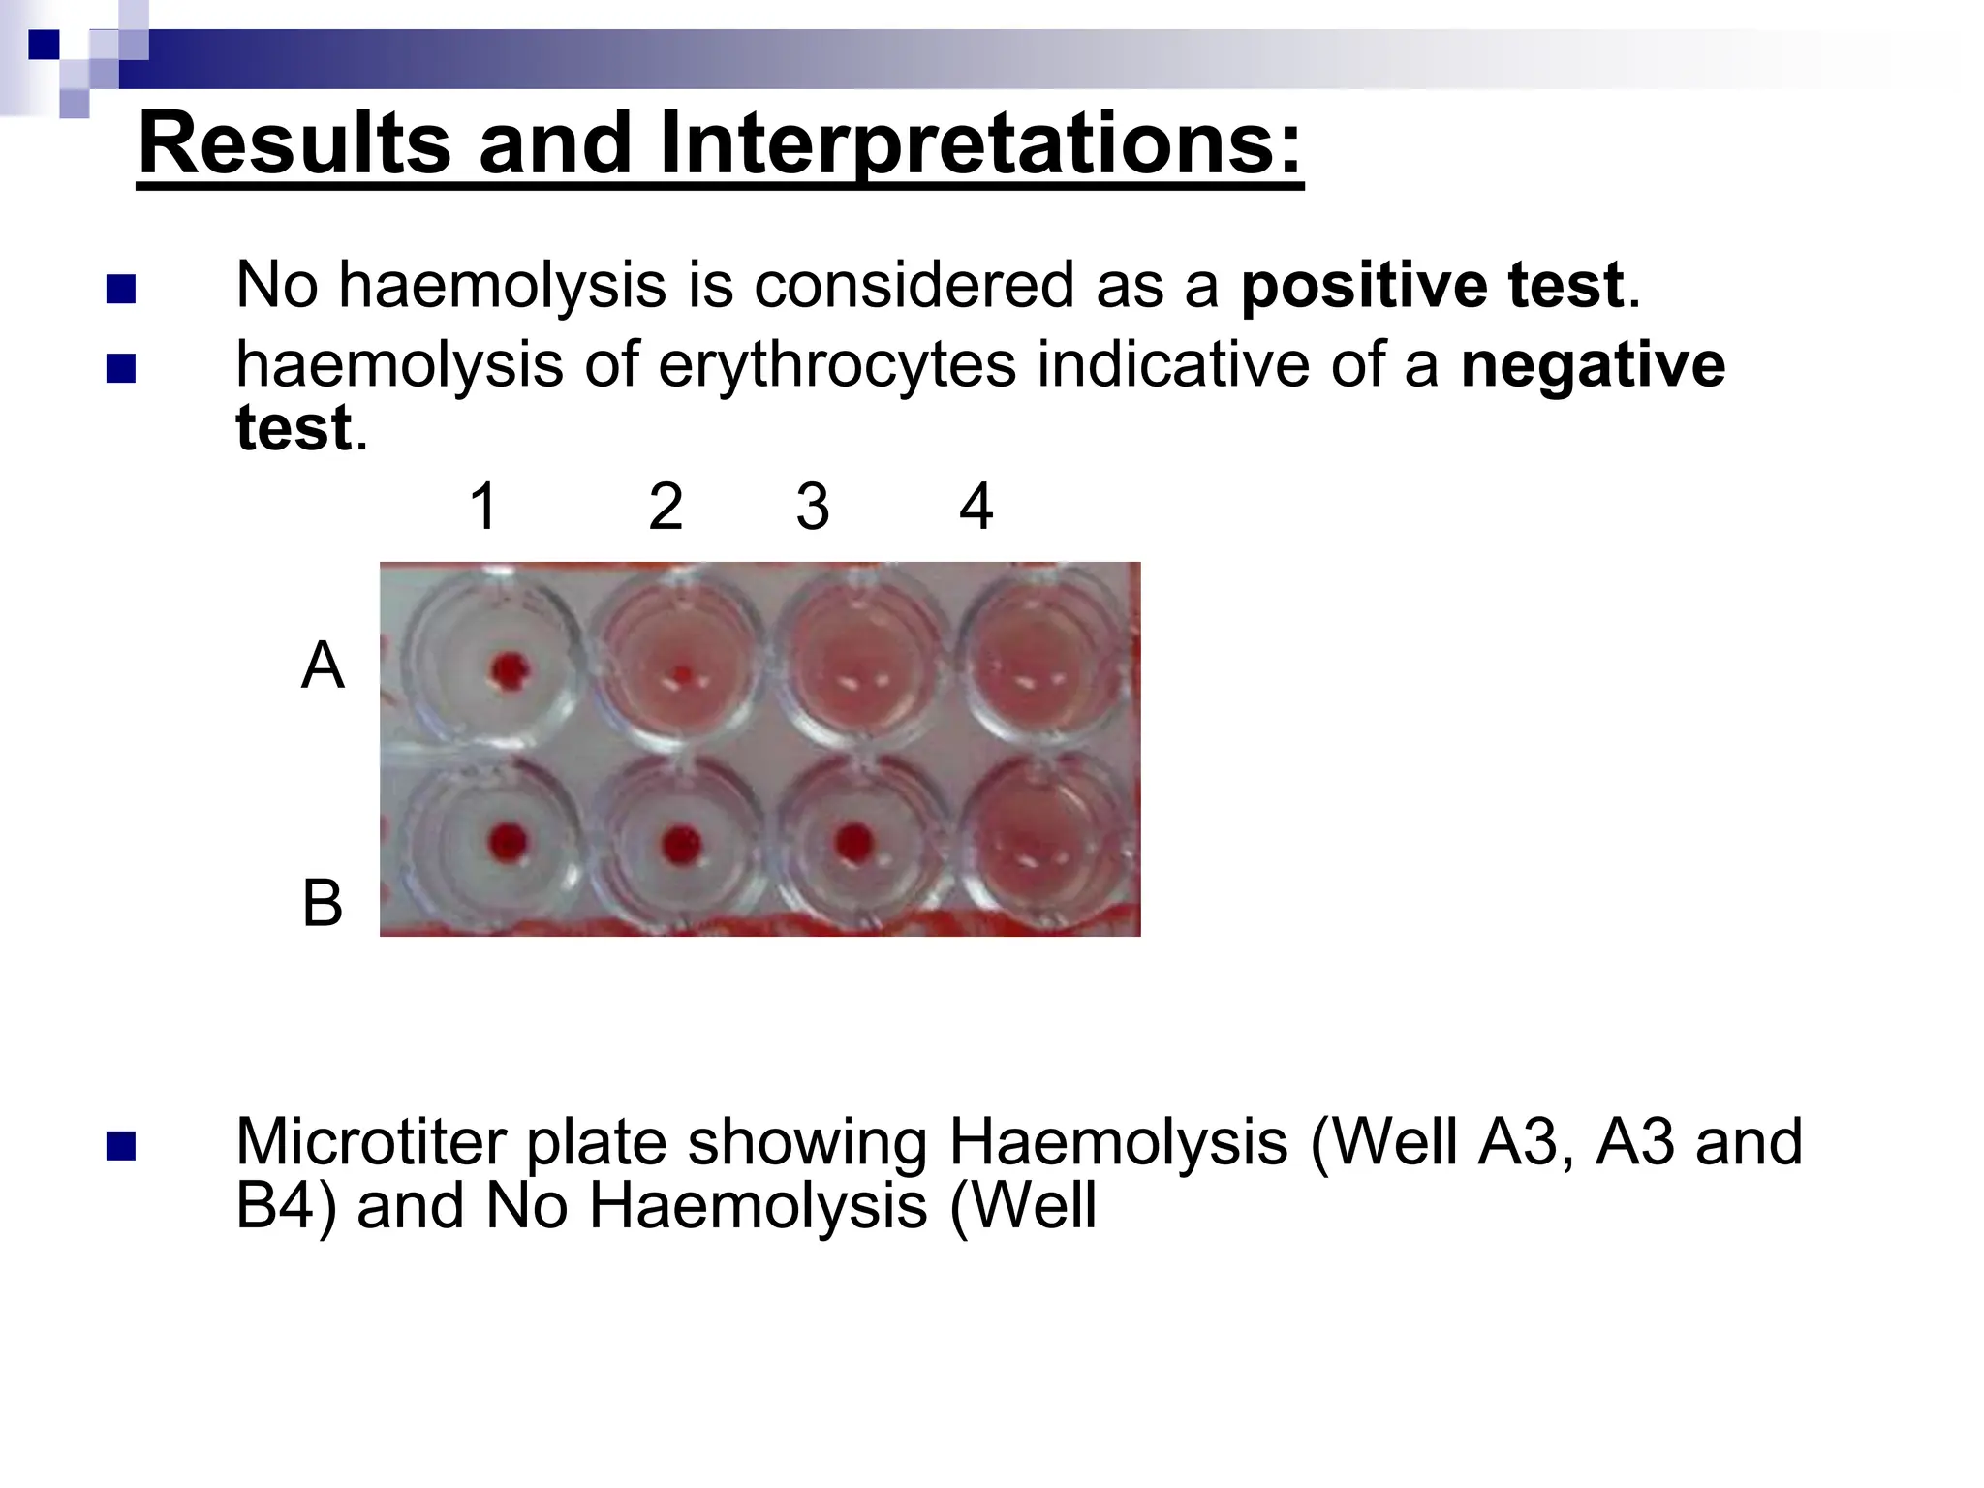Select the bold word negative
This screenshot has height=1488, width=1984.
1592,365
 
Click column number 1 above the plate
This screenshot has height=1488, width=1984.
483,507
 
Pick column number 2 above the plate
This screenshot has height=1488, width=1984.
666,507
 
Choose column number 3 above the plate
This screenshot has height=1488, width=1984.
813,507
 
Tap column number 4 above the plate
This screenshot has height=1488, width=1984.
976,507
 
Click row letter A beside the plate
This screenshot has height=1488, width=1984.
323,666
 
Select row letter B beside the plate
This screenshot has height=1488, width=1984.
323,903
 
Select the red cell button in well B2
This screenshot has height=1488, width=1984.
681,844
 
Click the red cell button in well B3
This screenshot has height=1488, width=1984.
853,843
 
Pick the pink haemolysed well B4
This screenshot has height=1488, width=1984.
1041,841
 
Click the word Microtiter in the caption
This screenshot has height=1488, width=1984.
370,1142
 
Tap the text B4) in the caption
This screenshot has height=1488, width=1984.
285,1206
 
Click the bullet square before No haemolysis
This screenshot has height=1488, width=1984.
120,290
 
